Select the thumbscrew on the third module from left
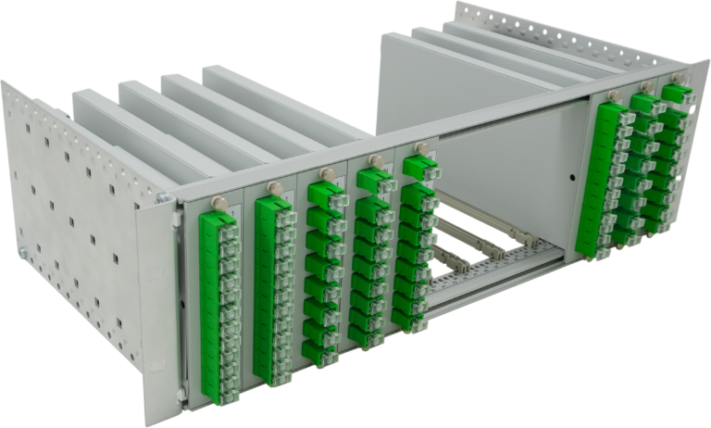pyautogui.click(x=325, y=172)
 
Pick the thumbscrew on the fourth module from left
pyautogui.click(x=374, y=160)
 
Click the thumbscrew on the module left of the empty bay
pyautogui.click(x=421, y=148)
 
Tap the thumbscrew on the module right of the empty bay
pyautogui.click(x=615, y=96)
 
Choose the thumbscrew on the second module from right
pyautogui.click(x=648, y=88)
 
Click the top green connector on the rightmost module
pyautogui.click(x=677, y=95)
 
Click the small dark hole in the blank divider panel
pyautogui.click(x=571, y=172)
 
